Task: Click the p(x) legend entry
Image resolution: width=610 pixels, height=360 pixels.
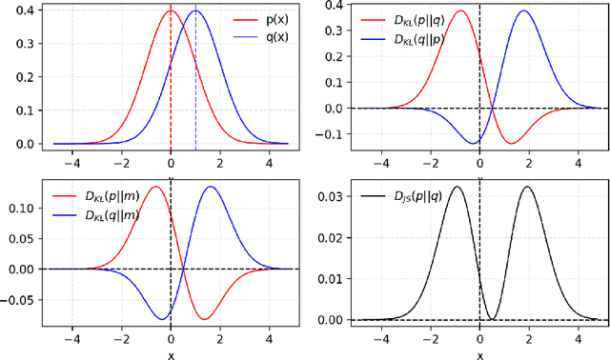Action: click(264, 18)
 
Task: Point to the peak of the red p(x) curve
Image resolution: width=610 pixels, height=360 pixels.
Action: click(171, 11)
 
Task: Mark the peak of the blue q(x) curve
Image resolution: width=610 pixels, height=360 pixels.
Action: click(195, 11)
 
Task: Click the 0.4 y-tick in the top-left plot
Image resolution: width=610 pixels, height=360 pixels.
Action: click(25, 11)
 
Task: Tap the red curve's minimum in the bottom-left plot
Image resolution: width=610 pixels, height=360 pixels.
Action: click(204, 318)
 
